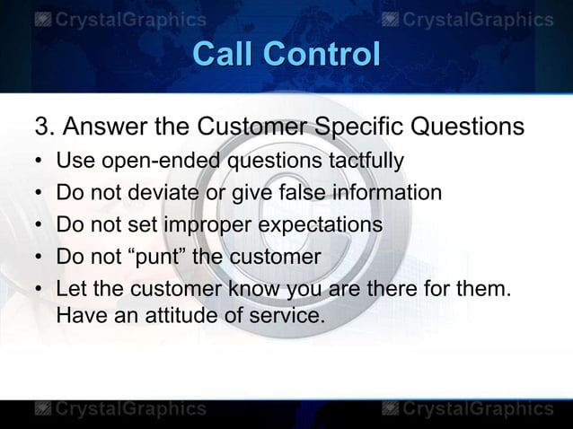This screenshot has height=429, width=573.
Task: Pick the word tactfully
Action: [x=359, y=162]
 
